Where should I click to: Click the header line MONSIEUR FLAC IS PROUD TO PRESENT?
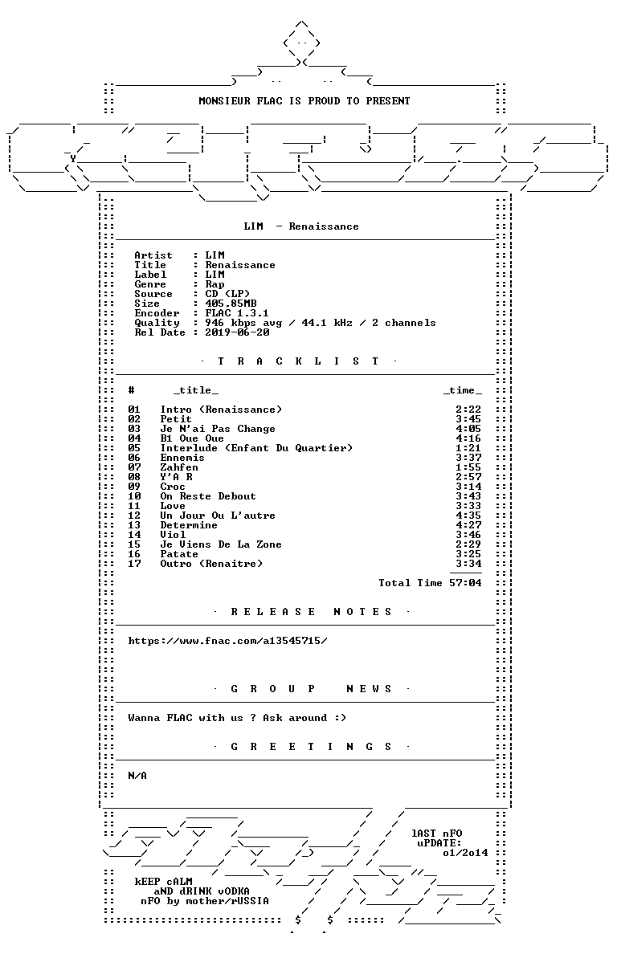tap(304, 101)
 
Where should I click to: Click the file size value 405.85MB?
tap(231, 304)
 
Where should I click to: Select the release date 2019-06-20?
tap(237, 332)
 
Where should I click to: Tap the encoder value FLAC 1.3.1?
tap(237, 313)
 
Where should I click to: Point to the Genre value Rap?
tap(215, 285)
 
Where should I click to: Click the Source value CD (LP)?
tap(227, 294)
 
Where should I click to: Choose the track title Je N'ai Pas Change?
tap(218, 429)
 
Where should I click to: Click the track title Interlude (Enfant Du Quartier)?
tap(256, 448)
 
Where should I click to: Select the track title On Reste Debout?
tap(208, 496)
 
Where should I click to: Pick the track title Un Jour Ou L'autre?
tap(218, 516)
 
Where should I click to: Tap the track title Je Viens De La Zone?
tap(221, 544)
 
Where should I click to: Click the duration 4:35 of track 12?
tap(468, 516)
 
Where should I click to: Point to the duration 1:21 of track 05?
tap(468, 448)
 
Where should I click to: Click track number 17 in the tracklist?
tap(134, 564)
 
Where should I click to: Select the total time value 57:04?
tap(465, 583)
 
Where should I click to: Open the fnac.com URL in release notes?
tap(227, 641)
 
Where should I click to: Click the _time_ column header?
tap(463, 390)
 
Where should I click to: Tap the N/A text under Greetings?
tap(137, 776)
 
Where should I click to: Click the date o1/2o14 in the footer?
tap(465, 853)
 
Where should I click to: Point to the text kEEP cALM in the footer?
tap(164, 882)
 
